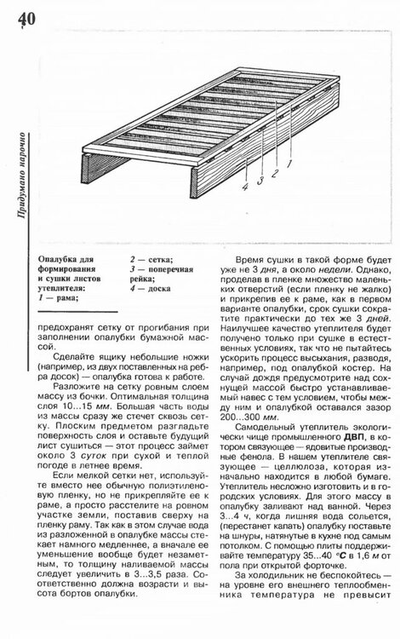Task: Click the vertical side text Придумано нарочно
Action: coord(18,176)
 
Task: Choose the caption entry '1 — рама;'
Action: coord(59,299)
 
